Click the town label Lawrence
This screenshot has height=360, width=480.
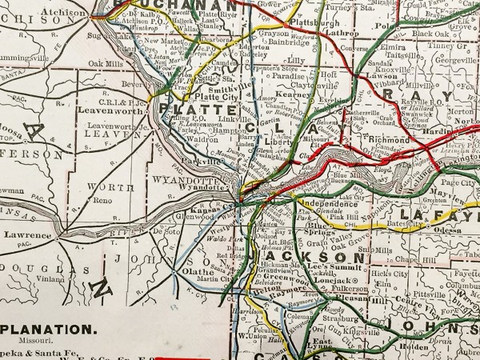click(x=27, y=235)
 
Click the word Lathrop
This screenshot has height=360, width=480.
click(x=342, y=33)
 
